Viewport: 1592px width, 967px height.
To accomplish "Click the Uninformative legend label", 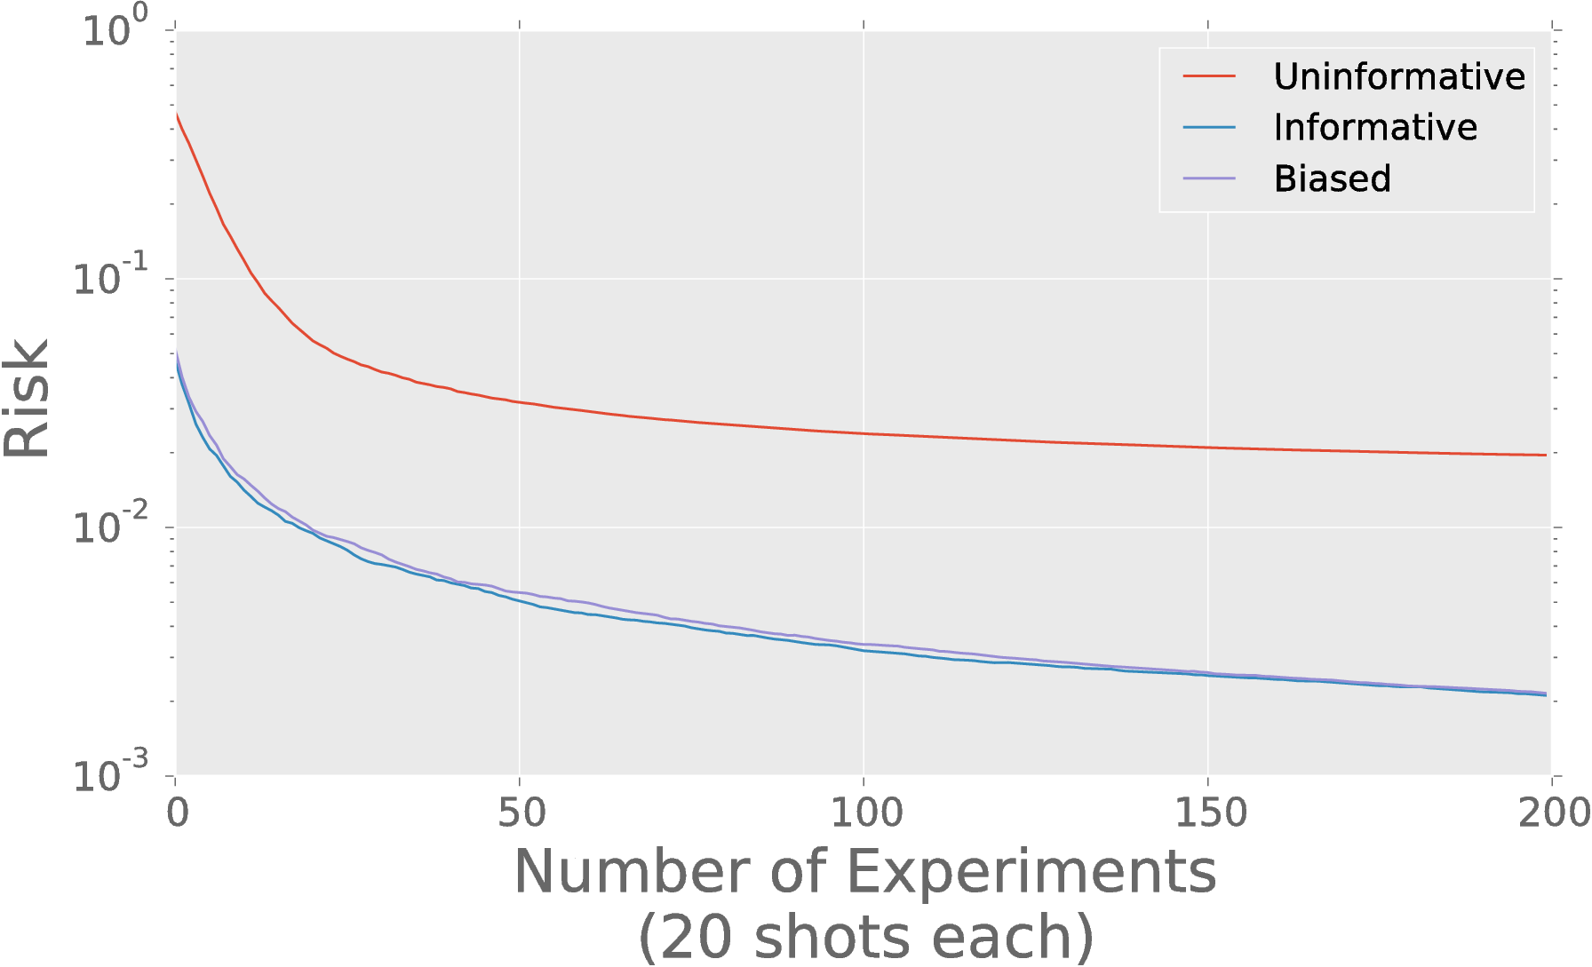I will (x=1399, y=77).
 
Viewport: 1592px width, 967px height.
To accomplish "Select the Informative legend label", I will (x=1375, y=128).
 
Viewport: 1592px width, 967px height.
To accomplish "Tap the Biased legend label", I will (x=1332, y=178).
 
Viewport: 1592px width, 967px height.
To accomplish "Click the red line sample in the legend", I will (x=1209, y=77).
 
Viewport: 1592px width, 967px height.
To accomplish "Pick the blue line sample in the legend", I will (x=1209, y=128).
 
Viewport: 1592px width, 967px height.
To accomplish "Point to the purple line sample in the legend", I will (x=1209, y=178).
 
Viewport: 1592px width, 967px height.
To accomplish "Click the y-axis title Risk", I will (x=27, y=400).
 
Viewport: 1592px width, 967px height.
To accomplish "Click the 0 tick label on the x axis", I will (x=177, y=813).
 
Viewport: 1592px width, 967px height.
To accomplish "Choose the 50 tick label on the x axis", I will (x=521, y=813).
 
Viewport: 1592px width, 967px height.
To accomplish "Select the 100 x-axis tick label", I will (x=864, y=813).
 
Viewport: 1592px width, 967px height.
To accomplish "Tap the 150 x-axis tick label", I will (x=1208, y=813).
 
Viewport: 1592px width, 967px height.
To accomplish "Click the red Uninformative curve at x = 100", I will (x=864, y=433).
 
